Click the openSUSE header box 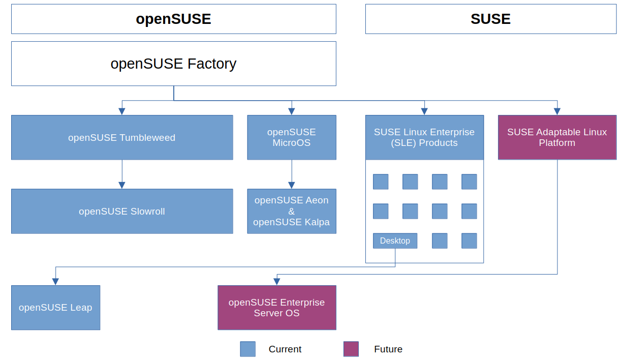pyautogui.click(x=173, y=19)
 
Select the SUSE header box pyautogui.click(x=490, y=19)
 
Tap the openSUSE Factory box pyautogui.click(x=173, y=64)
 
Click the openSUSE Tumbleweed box pyautogui.click(x=122, y=137)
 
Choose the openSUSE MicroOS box pyautogui.click(x=291, y=137)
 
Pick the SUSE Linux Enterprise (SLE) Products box pyautogui.click(x=424, y=137)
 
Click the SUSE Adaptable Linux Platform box pyautogui.click(x=557, y=137)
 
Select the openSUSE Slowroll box pyautogui.click(x=122, y=212)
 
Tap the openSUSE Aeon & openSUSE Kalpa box pyautogui.click(x=291, y=212)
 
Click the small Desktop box pyautogui.click(x=395, y=241)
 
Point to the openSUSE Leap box pyautogui.click(x=55, y=308)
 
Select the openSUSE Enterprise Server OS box pyautogui.click(x=276, y=308)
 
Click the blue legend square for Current pyautogui.click(x=248, y=349)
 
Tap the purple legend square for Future pyautogui.click(x=351, y=349)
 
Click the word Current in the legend pyautogui.click(x=285, y=349)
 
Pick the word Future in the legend pyautogui.click(x=388, y=349)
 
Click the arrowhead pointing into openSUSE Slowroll pyautogui.click(x=122, y=186)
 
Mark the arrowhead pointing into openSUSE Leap pyautogui.click(x=55, y=282)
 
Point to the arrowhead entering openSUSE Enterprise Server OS pyautogui.click(x=277, y=282)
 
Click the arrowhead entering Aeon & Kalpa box pyautogui.click(x=292, y=186)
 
